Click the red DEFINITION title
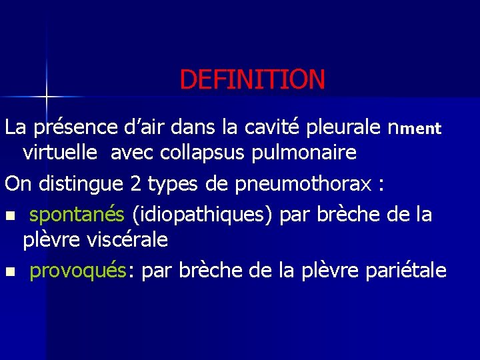[x=252, y=80]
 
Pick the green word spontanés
[x=77, y=215]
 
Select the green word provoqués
[x=79, y=271]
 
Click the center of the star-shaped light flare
[x=46, y=96]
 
